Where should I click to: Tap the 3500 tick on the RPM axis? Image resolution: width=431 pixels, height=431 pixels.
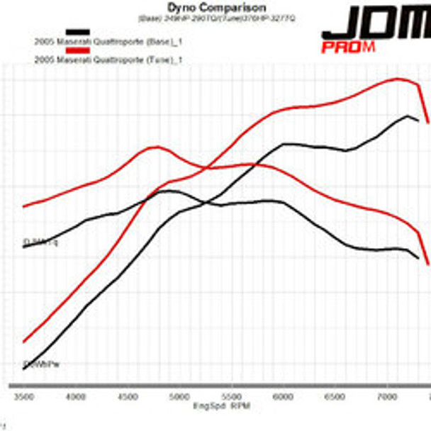click(x=23, y=397)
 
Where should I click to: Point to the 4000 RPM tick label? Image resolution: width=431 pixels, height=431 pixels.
click(x=76, y=397)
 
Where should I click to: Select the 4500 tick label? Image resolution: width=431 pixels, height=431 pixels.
click(x=128, y=397)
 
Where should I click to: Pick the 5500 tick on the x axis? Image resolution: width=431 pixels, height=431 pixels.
click(x=231, y=397)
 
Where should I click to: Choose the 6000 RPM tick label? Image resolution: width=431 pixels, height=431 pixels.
click(x=283, y=397)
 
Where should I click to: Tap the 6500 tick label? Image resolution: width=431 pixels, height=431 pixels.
click(x=335, y=397)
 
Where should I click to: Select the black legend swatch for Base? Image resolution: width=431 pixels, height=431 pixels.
click(x=77, y=33)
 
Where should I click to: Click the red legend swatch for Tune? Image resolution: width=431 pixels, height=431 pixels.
click(x=77, y=50)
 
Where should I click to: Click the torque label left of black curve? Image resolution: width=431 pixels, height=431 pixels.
click(x=41, y=242)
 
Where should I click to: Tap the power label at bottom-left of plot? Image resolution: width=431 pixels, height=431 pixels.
click(x=40, y=364)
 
